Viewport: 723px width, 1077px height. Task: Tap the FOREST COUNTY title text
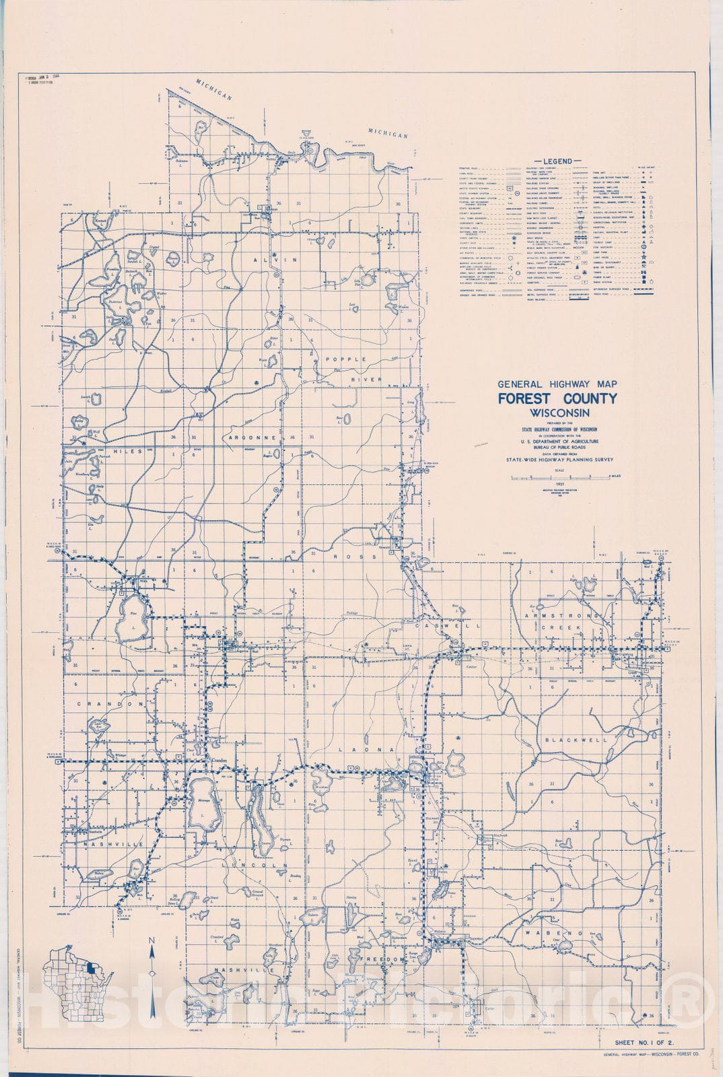(557, 398)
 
